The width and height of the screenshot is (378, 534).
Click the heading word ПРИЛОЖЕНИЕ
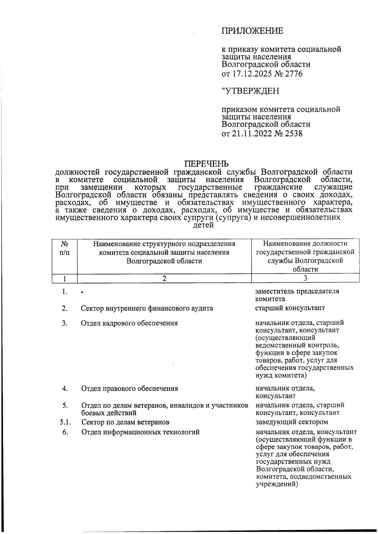(x=252, y=31)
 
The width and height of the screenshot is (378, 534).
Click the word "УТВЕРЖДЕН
(x=250, y=91)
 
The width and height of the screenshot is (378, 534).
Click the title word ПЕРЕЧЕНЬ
(x=206, y=164)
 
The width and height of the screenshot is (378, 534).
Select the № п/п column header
(x=65, y=248)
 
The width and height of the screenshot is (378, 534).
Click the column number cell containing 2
(x=164, y=278)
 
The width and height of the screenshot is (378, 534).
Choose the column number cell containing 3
(x=305, y=278)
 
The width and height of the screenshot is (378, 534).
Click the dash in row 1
(x=82, y=292)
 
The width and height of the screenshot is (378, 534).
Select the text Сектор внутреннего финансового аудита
(x=147, y=308)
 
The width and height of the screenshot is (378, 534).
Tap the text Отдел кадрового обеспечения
(x=129, y=323)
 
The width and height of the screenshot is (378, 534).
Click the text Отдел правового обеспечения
(x=129, y=389)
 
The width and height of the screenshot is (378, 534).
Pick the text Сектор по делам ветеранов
(x=125, y=422)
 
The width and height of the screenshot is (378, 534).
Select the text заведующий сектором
(x=292, y=422)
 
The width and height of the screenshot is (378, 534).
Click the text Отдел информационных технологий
(x=140, y=432)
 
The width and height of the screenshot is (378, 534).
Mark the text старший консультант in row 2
(x=290, y=308)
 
